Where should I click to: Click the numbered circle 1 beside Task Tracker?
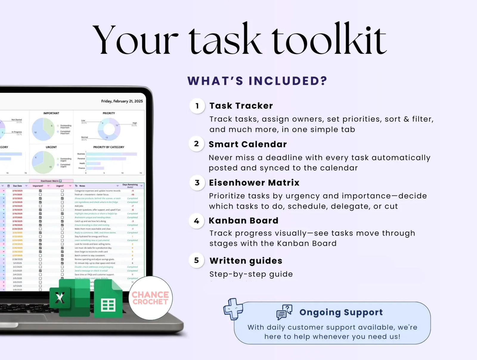(x=197, y=106)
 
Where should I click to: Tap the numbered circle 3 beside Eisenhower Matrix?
(x=197, y=183)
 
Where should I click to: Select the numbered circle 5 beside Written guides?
(x=196, y=260)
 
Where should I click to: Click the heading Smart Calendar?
(x=247, y=144)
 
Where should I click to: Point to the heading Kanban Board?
(x=243, y=221)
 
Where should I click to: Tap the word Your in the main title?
(x=136, y=40)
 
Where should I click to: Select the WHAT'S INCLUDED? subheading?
(x=257, y=81)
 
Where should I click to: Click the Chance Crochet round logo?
(x=150, y=298)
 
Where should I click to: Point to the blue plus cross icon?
(x=233, y=309)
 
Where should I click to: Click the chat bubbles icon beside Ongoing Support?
(x=284, y=312)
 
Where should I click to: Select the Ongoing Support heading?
(x=341, y=312)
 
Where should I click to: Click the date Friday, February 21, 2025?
(x=122, y=101)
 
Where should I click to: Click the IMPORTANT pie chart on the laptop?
(x=43, y=129)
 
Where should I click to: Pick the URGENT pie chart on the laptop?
(x=43, y=162)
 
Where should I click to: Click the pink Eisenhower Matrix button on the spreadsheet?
(x=51, y=181)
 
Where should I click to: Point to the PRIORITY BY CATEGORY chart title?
(x=109, y=147)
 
